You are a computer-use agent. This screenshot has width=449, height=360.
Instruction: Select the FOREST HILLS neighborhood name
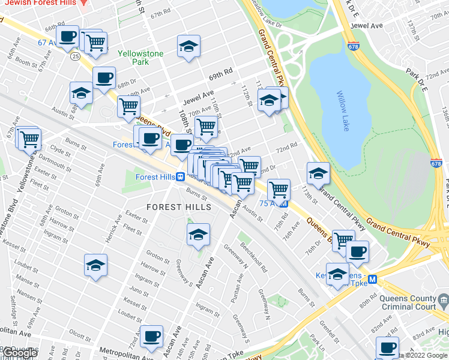click(x=179, y=207)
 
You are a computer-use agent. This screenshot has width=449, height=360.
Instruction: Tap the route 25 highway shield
click(x=74, y=56)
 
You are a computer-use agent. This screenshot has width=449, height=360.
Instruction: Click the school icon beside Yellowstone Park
click(x=188, y=46)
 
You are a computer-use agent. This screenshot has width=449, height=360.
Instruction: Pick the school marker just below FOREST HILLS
click(x=198, y=235)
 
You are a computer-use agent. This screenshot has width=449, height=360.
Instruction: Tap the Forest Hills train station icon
click(x=180, y=176)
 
